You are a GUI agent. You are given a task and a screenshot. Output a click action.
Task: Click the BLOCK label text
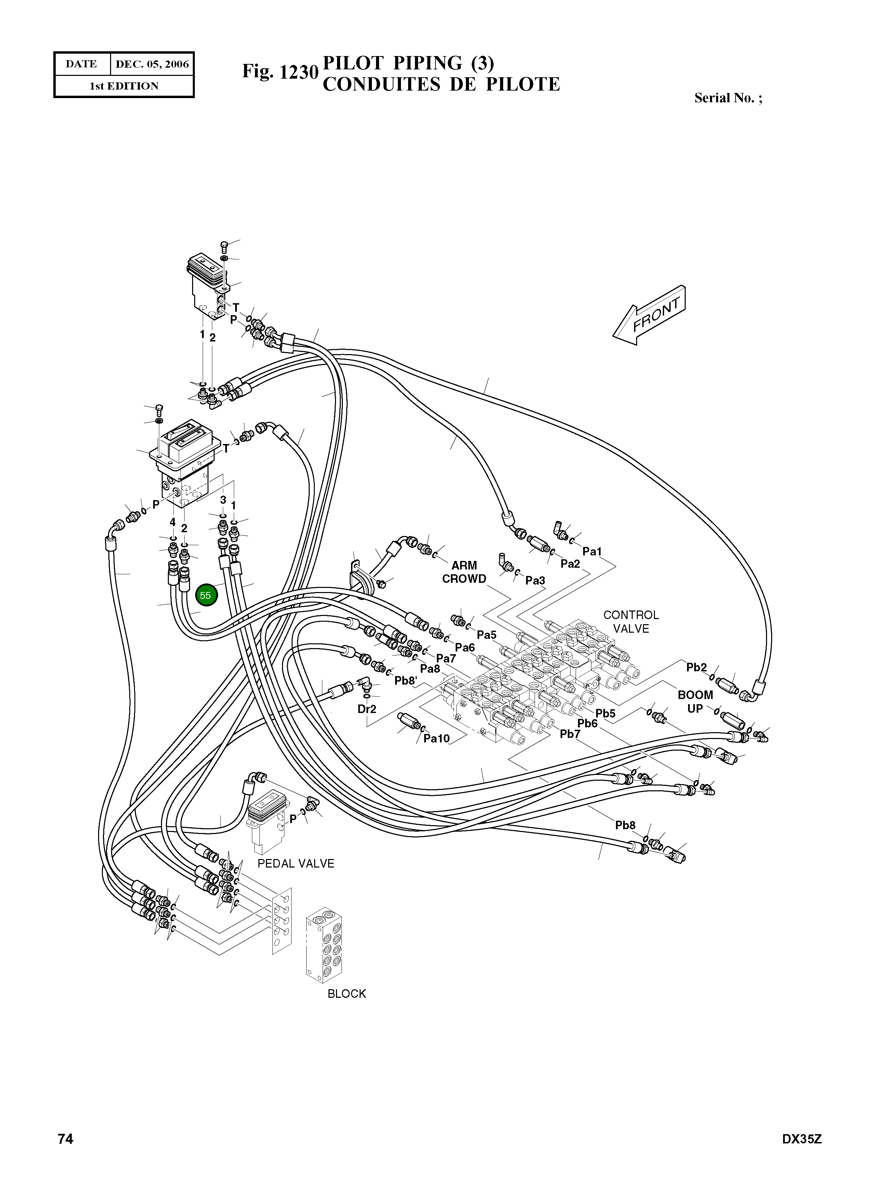tap(347, 994)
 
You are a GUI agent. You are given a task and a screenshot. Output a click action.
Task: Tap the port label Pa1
tap(592, 552)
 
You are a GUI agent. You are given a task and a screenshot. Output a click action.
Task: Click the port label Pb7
tap(570, 734)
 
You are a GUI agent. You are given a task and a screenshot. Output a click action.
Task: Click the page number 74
tap(66, 1139)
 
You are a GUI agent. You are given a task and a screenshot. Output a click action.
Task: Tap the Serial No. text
tap(728, 98)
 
